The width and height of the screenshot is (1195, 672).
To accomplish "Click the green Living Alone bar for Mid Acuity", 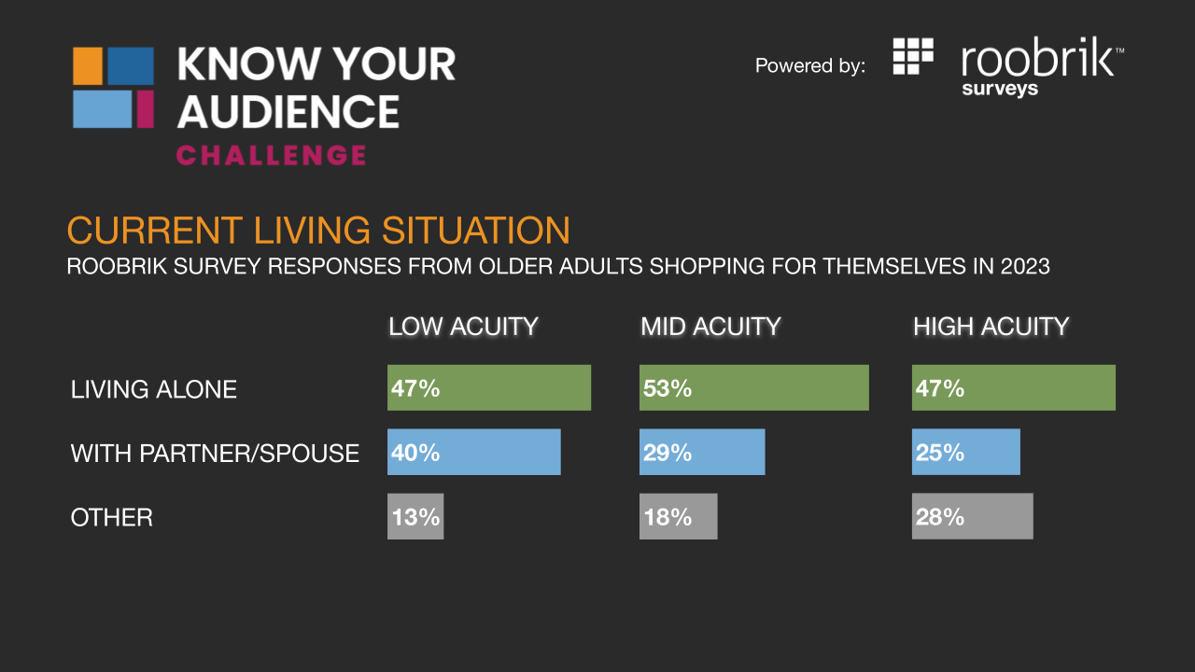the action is point(753,387).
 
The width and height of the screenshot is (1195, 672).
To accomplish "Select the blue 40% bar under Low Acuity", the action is point(473,452).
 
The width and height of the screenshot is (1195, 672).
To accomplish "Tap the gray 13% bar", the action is point(415,516).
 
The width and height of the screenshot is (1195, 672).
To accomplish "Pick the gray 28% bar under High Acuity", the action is point(972,516).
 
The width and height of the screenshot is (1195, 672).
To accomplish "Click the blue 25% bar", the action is point(965,452).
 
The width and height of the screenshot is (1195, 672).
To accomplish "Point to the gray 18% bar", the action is point(678,516).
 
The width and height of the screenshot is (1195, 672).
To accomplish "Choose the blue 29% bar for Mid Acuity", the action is point(702,452).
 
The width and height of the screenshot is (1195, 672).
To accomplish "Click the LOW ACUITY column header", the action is point(463,327).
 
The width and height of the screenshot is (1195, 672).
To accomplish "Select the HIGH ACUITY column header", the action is point(991,327).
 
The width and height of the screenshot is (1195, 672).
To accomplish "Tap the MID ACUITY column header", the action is point(710,327).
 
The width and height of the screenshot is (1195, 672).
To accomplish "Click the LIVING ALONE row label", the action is point(154,389).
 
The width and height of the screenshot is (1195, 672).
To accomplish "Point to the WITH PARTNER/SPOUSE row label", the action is point(215,454).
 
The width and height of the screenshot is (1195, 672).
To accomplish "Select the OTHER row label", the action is point(111,517).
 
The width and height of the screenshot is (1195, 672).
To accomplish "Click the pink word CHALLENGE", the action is point(271,155).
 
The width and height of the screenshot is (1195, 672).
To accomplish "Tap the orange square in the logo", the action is point(88,65).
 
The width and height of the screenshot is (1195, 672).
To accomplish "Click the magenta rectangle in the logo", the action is point(145,109).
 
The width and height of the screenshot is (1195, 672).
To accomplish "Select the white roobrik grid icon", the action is point(913,56).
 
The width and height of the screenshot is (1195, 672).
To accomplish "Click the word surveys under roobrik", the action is point(1000,89).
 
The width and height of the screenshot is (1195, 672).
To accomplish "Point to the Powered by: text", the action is point(809,65).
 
